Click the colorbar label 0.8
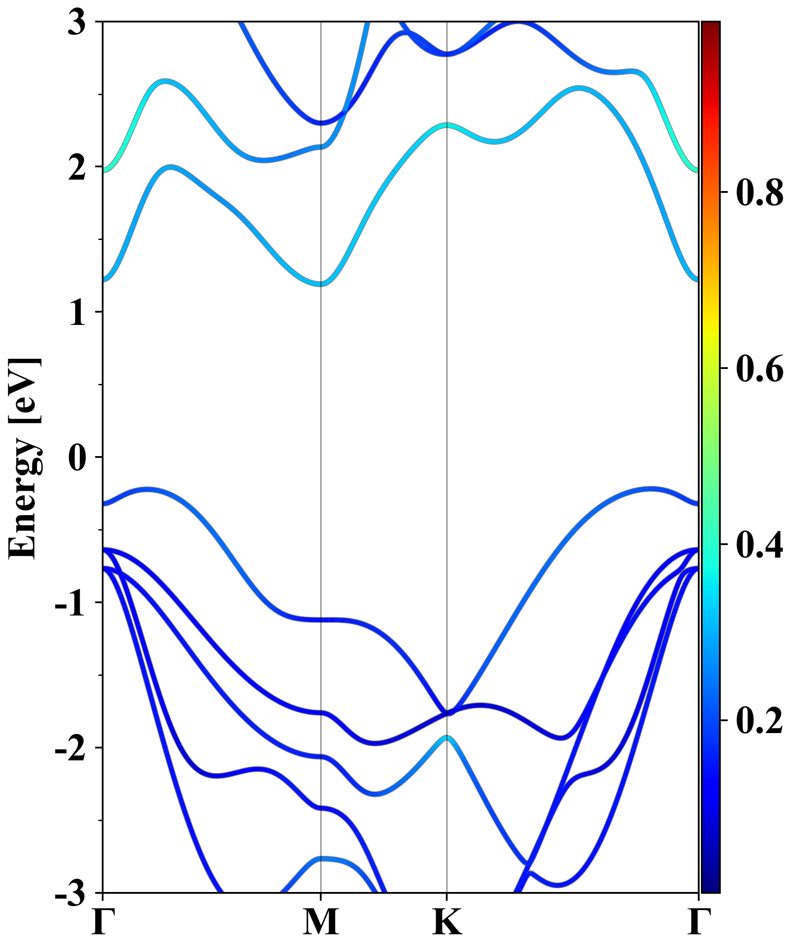[760, 192]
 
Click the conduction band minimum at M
[321, 284]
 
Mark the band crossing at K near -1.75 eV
[447, 713]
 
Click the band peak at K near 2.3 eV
[447, 125]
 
